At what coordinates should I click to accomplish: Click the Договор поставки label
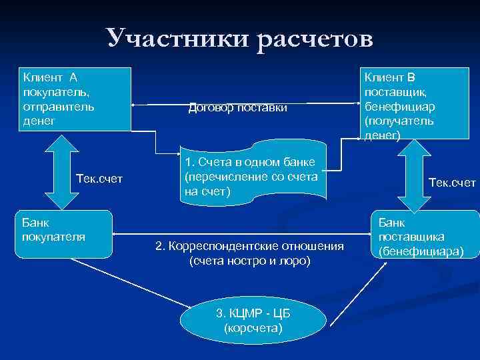[238, 107]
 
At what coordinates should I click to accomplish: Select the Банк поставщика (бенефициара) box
[424, 233]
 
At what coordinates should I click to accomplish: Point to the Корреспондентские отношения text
[249, 247]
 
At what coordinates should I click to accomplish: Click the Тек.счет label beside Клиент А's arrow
[100, 179]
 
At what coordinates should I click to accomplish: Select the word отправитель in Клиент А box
[58, 107]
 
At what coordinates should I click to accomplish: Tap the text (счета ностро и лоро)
[249, 261]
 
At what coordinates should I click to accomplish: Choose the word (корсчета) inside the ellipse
[253, 328]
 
